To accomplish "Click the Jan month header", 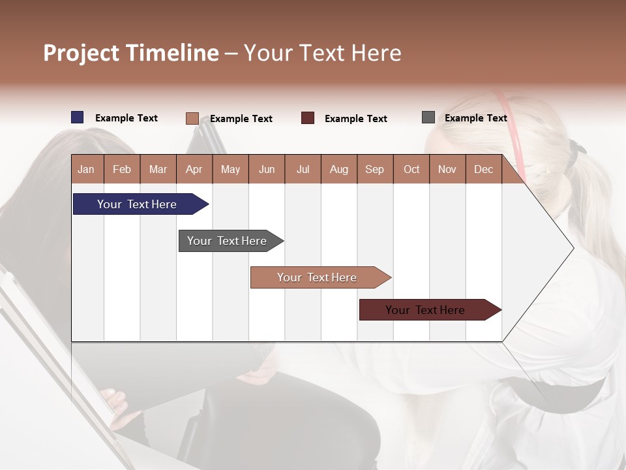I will pyautogui.click(x=87, y=170).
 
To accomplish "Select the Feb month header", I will pyautogui.click(x=122, y=170).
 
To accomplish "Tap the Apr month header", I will pyautogui.click(x=194, y=170).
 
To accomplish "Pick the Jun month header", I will pyautogui.click(x=267, y=170).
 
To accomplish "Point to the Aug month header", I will pyautogui.click(x=338, y=170).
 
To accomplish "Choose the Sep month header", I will pyautogui.click(x=374, y=170).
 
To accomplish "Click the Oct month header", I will pyautogui.click(x=411, y=170).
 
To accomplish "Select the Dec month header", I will pyautogui.click(x=483, y=170).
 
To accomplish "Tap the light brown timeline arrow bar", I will pyautogui.click(x=318, y=277).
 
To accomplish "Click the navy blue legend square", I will pyautogui.click(x=78, y=117).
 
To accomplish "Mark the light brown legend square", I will pyautogui.click(x=192, y=118).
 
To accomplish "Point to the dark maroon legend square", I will pyautogui.click(x=308, y=118).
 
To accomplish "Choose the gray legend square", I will pyautogui.click(x=428, y=117).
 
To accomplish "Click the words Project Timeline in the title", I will pyautogui.click(x=131, y=53).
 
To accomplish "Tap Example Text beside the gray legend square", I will pyautogui.click(x=475, y=118).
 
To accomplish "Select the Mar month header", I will pyautogui.click(x=158, y=170).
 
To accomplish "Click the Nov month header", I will pyautogui.click(x=447, y=170).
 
